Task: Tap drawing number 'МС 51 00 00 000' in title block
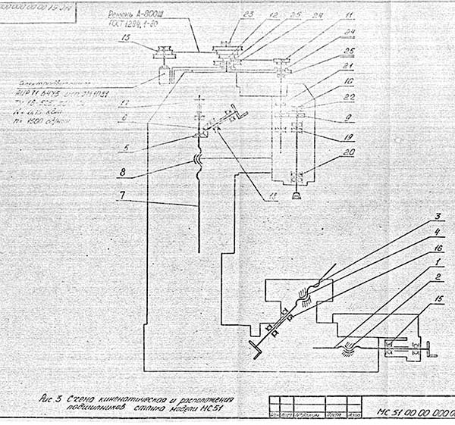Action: point(414,414)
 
